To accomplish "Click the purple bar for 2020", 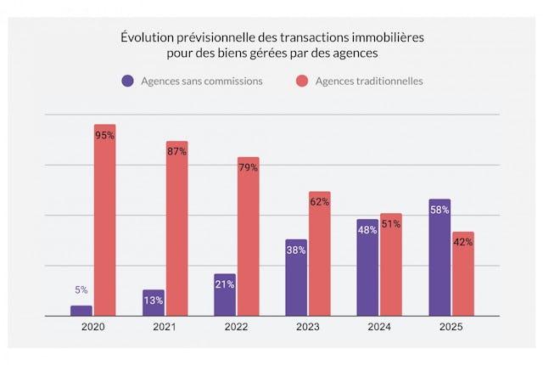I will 81,311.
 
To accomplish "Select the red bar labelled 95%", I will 105,221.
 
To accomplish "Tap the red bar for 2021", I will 176,229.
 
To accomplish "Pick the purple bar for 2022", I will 225,295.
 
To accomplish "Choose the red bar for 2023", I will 320,254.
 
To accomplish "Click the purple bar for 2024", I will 367,267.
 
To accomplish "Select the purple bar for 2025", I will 439,258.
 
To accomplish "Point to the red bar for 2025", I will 463,273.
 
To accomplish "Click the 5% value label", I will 81,289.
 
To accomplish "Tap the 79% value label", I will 249,168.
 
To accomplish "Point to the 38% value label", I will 296,250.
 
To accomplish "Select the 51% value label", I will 391,224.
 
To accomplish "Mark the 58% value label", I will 439,210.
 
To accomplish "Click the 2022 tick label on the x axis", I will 236,328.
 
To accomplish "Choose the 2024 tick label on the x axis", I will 379,328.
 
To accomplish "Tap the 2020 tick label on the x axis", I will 92,328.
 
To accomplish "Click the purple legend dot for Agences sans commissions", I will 127,81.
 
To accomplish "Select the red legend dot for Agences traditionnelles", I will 301,81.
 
